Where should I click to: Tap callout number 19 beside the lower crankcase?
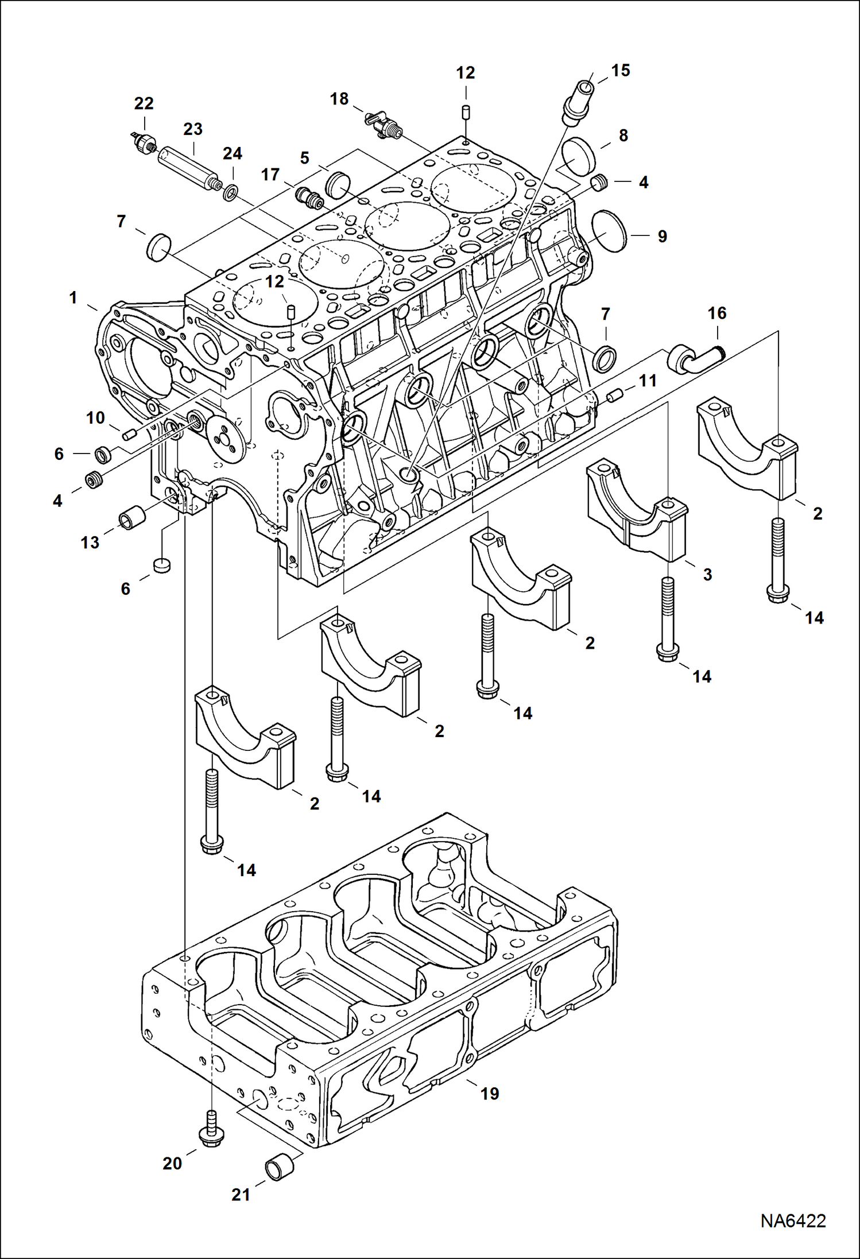[x=489, y=1094]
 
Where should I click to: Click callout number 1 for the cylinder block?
[x=73, y=298]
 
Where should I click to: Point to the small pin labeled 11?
[x=615, y=395]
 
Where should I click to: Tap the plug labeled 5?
[x=338, y=184]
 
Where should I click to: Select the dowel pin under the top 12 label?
[x=466, y=111]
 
